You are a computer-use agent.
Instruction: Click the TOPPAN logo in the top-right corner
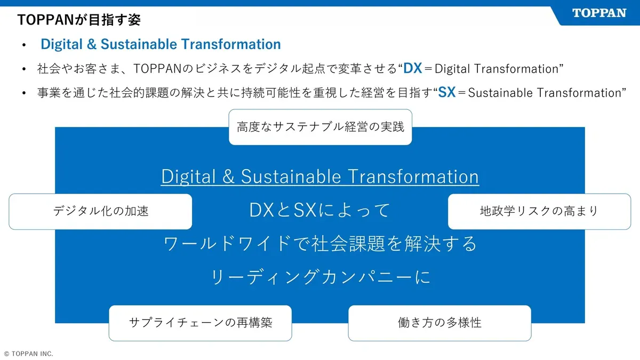click(x=599, y=13)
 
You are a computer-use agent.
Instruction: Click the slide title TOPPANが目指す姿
click(x=79, y=20)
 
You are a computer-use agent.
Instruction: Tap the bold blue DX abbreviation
click(x=413, y=68)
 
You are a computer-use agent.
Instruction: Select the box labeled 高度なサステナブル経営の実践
click(x=320, y=127)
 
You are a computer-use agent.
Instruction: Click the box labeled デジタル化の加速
click(x=101, y=211)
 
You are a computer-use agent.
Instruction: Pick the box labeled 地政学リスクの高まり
click(x=539, y=211)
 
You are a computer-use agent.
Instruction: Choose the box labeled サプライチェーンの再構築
click(x=201, y=323)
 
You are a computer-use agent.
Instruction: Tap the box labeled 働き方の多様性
click(x=439, y=323)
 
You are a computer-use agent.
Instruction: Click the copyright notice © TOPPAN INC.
click(x=29, y=354)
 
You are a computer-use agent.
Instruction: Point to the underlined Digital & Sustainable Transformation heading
click(x=320, y=177)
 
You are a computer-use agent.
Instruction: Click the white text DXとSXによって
click(x=320, y=210)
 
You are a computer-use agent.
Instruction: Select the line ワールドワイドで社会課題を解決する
click(x=320, y=244)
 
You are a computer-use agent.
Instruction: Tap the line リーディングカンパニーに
click(x=320, y=277)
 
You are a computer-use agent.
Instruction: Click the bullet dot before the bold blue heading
click(x=24, y=45)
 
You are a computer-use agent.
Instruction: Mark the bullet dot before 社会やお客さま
click(x=24, y=69)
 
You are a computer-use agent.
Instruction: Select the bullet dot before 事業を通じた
click(x=24, y=93)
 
